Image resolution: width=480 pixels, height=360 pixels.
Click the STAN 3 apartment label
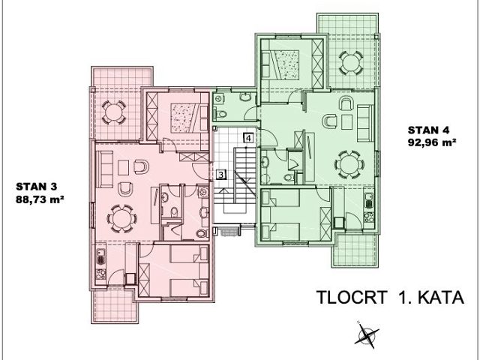tap(37, 187)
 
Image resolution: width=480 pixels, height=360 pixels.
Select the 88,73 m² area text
tap(40, 199)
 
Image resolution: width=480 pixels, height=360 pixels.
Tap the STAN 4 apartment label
tap(428, 130)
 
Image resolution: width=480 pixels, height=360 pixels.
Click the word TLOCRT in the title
tap(352, 297)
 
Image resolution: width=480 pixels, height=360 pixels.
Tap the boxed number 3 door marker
tap(221, 175)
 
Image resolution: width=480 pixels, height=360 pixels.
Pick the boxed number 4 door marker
tap(248, 138)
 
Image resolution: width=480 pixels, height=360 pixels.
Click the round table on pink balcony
tap(113, 112)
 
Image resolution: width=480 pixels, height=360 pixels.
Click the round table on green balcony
tap(351, 63)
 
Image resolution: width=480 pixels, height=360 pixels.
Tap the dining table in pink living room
tap(121, 219)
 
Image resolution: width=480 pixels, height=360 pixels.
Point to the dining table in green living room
tap(349, 165)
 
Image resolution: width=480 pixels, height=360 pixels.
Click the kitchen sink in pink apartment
tap(100, 256)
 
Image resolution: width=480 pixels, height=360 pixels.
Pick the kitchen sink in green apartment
tap(369, 200)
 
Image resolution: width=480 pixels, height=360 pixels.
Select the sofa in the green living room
tap(365, 123)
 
